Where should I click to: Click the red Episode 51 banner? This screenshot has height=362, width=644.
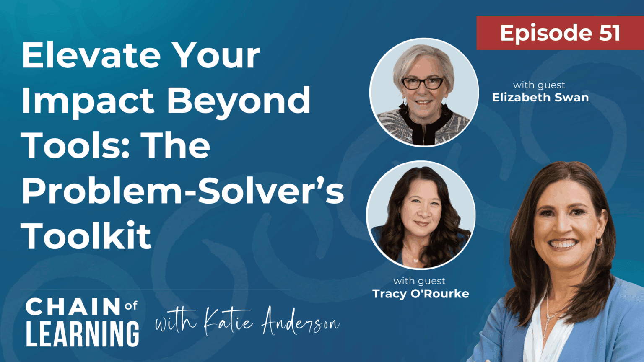[560, 33]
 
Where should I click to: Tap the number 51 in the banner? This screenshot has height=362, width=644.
[609, 33]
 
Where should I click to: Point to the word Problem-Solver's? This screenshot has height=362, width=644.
[183, 191]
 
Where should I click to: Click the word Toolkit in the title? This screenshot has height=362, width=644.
[86, 236]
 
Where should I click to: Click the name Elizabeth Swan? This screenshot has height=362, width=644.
[540, 97]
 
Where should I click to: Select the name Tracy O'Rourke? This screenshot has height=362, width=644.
[421, 293]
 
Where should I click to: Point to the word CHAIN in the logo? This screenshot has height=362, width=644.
[73, 307]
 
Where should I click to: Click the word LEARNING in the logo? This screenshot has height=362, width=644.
[82, 334]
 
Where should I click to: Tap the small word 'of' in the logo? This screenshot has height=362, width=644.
[131, 306]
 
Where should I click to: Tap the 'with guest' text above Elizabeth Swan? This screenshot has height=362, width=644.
[539, 85]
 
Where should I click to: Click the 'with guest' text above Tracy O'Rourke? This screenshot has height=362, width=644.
[419, 281]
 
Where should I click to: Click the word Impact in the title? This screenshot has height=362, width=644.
[88, 101]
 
